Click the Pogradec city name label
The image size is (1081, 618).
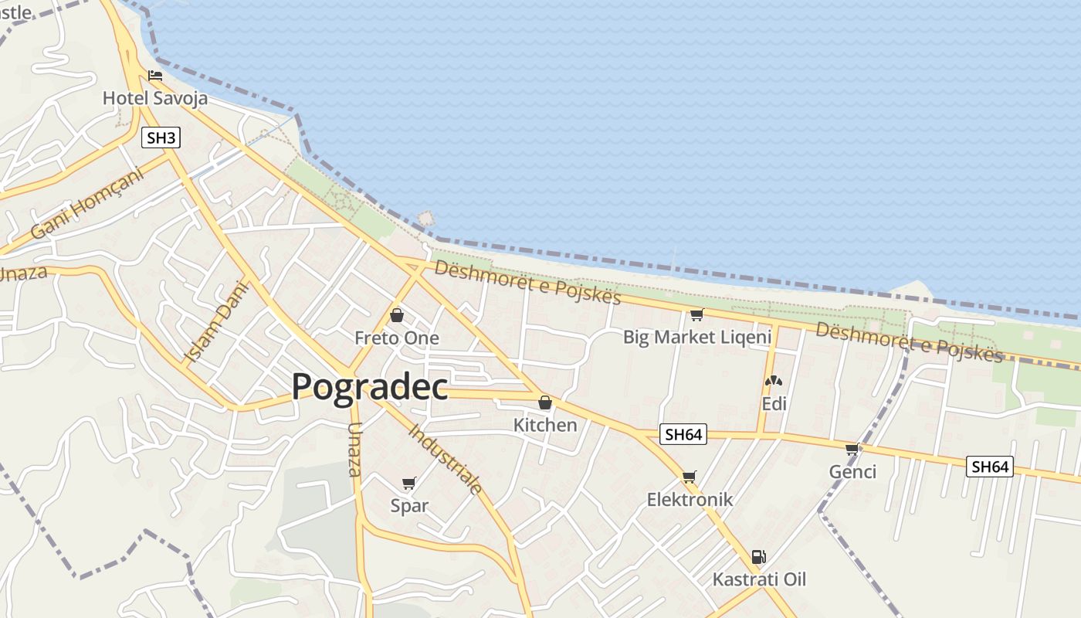pos(370,386)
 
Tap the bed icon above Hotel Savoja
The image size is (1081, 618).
pos(155,76)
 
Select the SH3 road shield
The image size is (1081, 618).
pos(161,138)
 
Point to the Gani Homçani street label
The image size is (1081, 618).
pos(87,204)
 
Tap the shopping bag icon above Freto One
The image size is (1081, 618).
pos(397,315)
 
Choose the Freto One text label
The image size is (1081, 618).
pos(397,338)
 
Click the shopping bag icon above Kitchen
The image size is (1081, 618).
pos(545,402)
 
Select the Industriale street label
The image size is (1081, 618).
pos(446,459)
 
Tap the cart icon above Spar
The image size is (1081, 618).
pos(409,484)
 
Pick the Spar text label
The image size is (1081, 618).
pos(409,506)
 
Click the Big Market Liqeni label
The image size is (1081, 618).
pos(697,337)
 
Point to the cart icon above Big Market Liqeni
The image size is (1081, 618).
pos(697,314)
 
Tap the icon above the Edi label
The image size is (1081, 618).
pos(773,381)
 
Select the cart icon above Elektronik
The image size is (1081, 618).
pos(690,477)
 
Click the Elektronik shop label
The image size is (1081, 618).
pos(690,499)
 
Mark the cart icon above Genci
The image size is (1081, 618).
pos(852,449)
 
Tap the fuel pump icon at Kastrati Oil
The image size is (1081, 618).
pos(759,557)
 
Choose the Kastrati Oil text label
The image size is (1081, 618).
pos(759,579)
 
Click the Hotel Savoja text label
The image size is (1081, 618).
pos(155,98)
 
